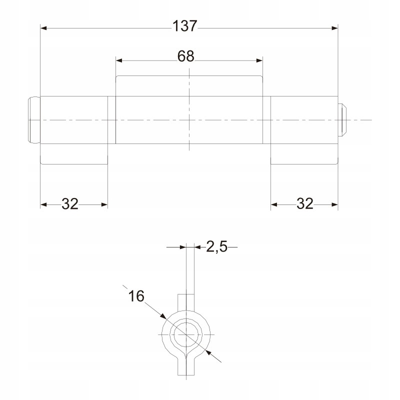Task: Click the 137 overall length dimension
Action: tap(185, 26)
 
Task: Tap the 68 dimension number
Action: tap(185, 56)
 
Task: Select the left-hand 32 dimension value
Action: tap(70, 204)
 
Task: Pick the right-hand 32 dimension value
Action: tap(305, 203)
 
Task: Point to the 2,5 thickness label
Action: tap(216, 246)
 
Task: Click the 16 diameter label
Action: tap(136, 296)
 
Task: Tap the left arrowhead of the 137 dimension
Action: tap(43, 28)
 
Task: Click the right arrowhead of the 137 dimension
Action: tap(334, 28)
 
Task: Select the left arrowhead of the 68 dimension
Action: tap(119, 60)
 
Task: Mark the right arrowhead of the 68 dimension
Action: tap(259, 60)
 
